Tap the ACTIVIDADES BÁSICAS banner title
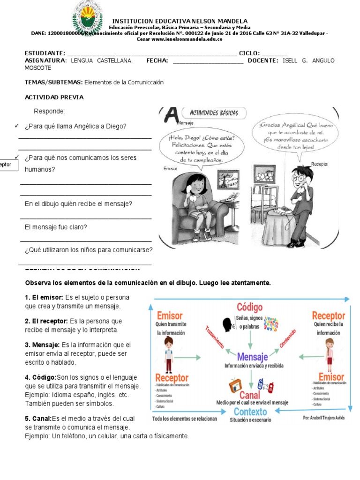213,112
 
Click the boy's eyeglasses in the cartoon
299,178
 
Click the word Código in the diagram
249,307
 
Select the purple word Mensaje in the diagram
252,357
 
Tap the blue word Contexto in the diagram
250,412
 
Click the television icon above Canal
235,386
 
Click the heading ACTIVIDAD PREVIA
54,97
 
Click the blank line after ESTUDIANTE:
152,53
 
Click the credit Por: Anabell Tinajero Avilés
323,418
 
